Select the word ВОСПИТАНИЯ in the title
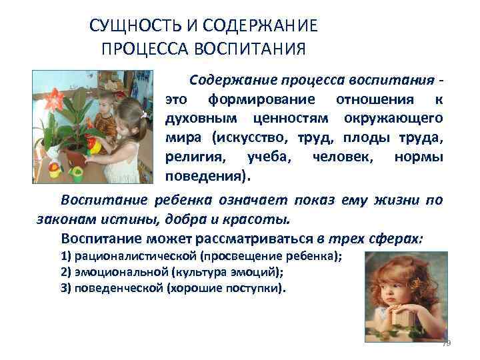pos(250,49)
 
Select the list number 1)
pos(66,257)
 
